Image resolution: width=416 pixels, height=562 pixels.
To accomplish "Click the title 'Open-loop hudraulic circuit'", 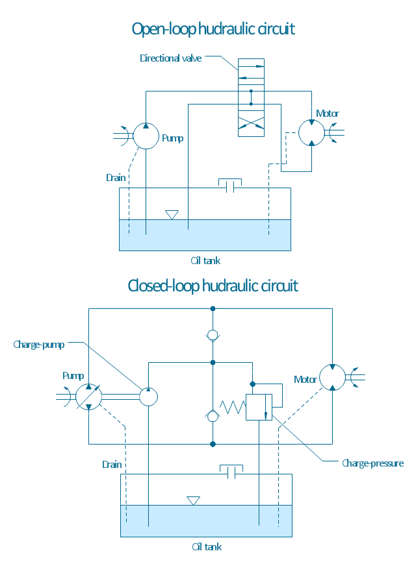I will pos(213,29).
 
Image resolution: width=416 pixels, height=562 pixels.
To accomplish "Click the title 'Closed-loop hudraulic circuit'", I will pos(213,286).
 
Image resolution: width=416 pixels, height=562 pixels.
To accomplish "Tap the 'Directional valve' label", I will pos(171,58).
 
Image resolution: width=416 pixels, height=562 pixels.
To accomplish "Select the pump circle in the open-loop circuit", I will pos(146,136).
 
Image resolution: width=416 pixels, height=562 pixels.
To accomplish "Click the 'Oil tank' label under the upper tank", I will pos(205,261).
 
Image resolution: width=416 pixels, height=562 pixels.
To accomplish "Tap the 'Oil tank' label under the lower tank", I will pos(206,547).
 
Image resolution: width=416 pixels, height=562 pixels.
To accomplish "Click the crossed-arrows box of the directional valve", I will pos(251,123).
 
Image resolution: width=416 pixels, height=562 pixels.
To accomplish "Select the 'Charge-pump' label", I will pos(39,345).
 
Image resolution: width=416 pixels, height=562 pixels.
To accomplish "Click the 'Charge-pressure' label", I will pos(373,463).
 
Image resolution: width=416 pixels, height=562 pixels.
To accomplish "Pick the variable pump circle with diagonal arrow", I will pos(88,397).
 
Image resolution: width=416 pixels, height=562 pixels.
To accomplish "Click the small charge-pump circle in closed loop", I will pos(149,397).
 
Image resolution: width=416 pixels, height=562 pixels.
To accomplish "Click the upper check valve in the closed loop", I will pos(213,336).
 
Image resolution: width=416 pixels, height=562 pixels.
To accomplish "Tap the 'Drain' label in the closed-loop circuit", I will pos(111,465).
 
